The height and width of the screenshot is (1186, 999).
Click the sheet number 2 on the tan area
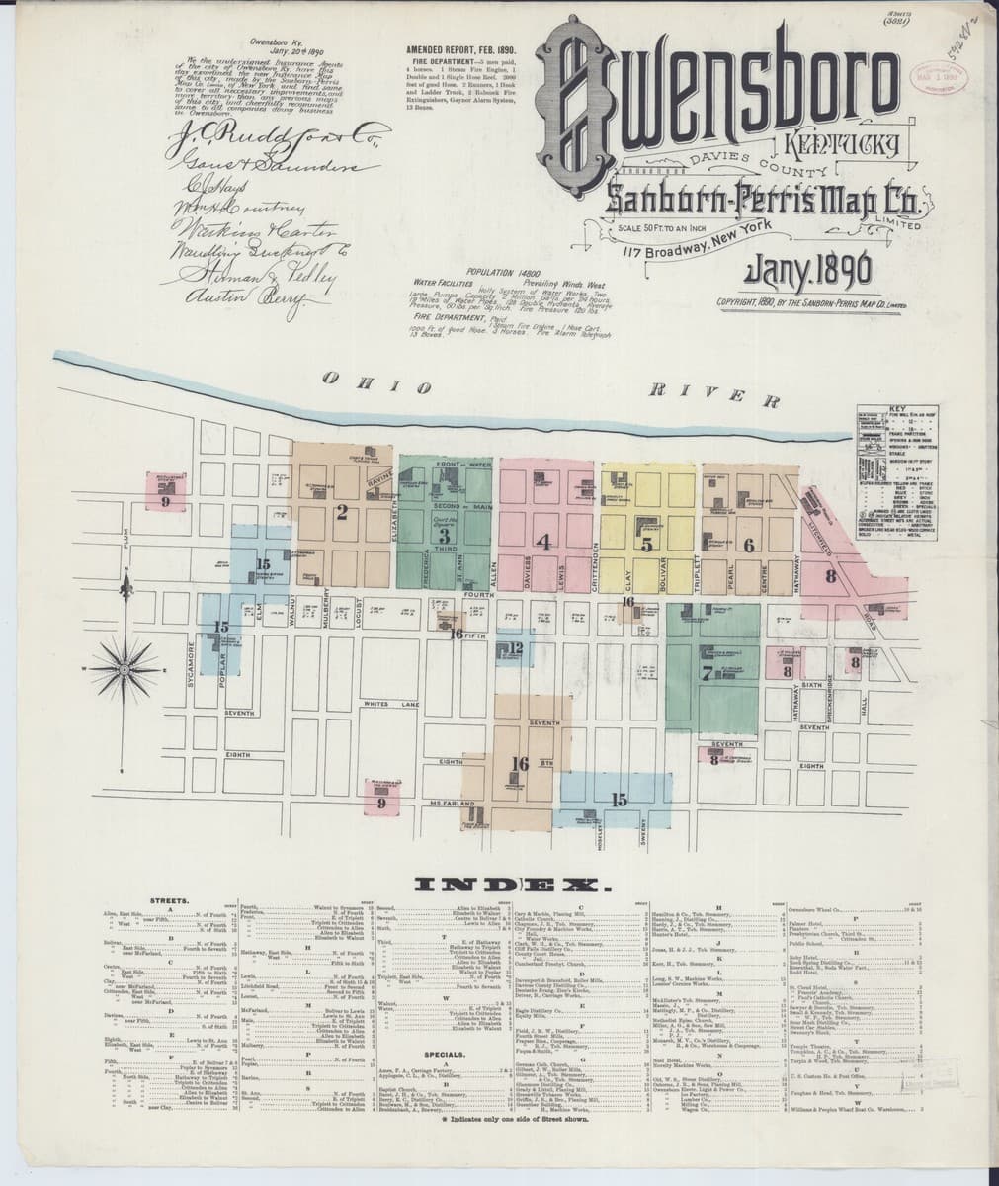click(x=342, y=512)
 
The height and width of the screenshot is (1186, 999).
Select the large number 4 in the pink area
click(x=542, y=541)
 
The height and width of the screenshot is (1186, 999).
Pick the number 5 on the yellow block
click(x=646, y=544)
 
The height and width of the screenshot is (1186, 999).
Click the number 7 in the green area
click(x=706, y=674)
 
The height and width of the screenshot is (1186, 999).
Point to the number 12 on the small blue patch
click(x=517, y=648)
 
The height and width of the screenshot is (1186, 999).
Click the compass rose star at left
click(x=127, y=669)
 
